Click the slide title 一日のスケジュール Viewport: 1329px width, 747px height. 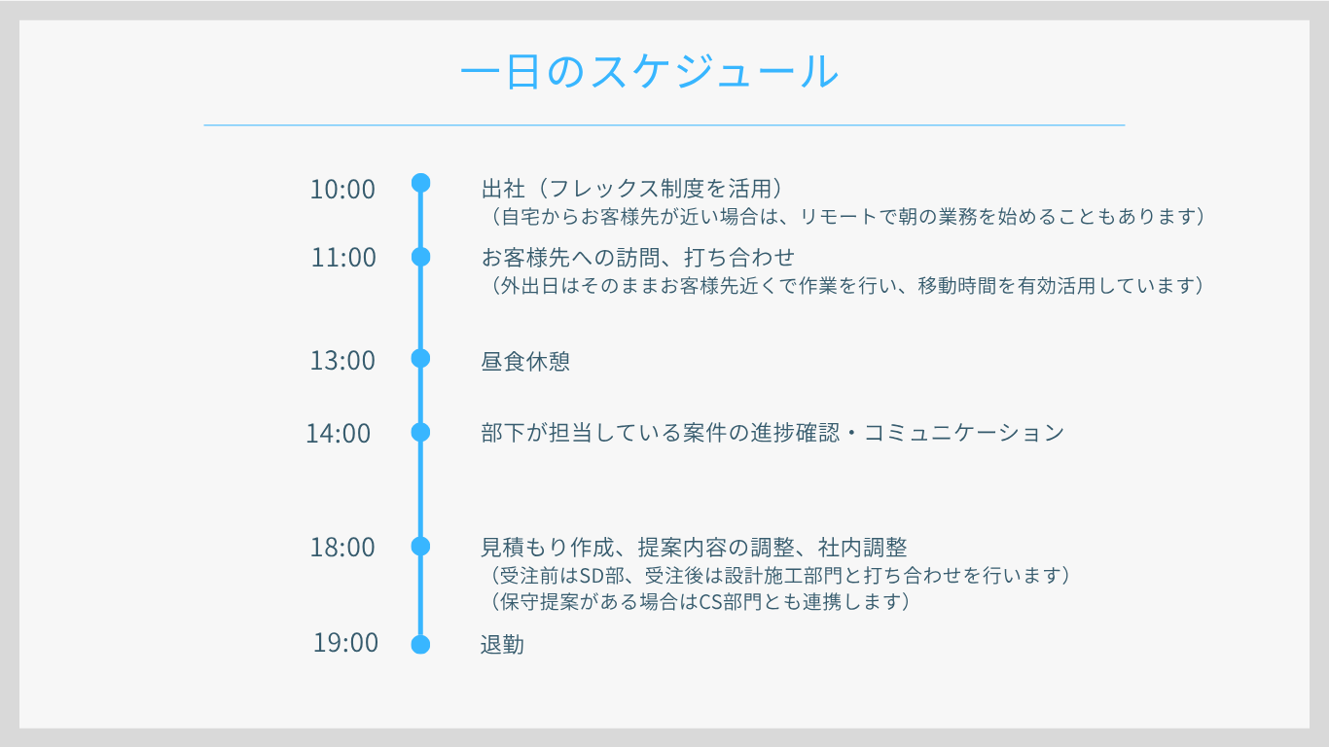click(x=650, y=71)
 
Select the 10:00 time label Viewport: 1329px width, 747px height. click(x=342, y=190)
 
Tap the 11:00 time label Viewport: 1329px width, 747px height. click(x=343, y=258)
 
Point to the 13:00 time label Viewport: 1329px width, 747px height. click(x=342, y=361)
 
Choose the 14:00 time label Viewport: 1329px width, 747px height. click(x=339, y=434)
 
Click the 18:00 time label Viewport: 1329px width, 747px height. click(x=342, y=548)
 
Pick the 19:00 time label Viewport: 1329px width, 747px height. click(x=345, y=643)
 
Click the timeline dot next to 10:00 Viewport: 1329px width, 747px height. click(x=420, y=183)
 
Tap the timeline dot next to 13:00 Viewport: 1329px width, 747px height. click(x=420, y=358)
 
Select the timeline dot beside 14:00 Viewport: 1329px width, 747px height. click(x=420, y=432)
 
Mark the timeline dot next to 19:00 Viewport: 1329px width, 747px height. click(x=420, y=644)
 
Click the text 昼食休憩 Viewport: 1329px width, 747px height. click(x=525, y=361)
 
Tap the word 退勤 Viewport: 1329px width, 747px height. click(x=502, y=645)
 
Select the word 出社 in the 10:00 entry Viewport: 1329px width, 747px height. click(x=503, y=190)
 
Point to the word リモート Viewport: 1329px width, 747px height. click(x=839, y=217)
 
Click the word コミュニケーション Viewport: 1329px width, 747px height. click(x=964, y=433)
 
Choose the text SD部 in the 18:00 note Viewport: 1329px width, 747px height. click(x=598, y=576)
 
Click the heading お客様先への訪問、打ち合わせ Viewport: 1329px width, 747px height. click(x=638, y=258)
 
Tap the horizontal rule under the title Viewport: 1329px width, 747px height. click(x=664, y=125)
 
